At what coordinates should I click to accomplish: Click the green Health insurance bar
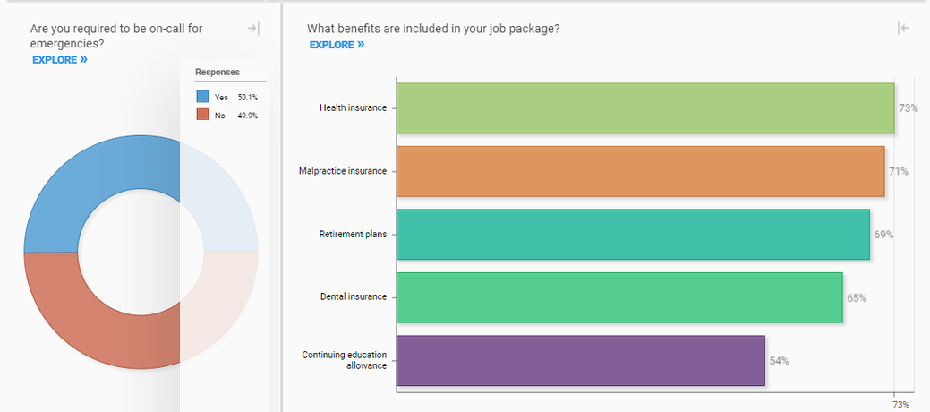click(644, 108)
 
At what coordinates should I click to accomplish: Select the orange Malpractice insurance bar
click(640, 171)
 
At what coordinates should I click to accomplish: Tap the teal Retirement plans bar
click(632, 235)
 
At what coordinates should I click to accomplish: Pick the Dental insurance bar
click(619, 297)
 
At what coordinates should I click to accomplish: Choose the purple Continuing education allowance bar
click(580, 360)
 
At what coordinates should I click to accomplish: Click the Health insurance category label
click(353, 108)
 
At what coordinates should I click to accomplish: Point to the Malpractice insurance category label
click(343, 171)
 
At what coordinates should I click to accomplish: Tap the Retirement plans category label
click(353, 235)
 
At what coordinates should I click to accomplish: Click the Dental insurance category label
click(354, 297)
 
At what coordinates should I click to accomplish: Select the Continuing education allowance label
click(344, 360)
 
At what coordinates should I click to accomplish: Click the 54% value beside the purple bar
click(779, 361)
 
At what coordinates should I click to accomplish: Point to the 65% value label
click(857, 298)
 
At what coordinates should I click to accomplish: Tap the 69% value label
click(883, 235)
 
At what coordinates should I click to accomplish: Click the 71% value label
click(899, 171)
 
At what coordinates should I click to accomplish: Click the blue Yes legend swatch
click(202, 97)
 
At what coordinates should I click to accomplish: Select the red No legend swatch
click(202, 115)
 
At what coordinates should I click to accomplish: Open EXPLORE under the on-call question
click(59, 60)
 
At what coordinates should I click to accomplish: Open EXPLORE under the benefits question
click(337, 45)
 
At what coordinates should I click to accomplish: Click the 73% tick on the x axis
click(900, 405)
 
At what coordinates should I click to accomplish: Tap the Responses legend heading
click(218, 72)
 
